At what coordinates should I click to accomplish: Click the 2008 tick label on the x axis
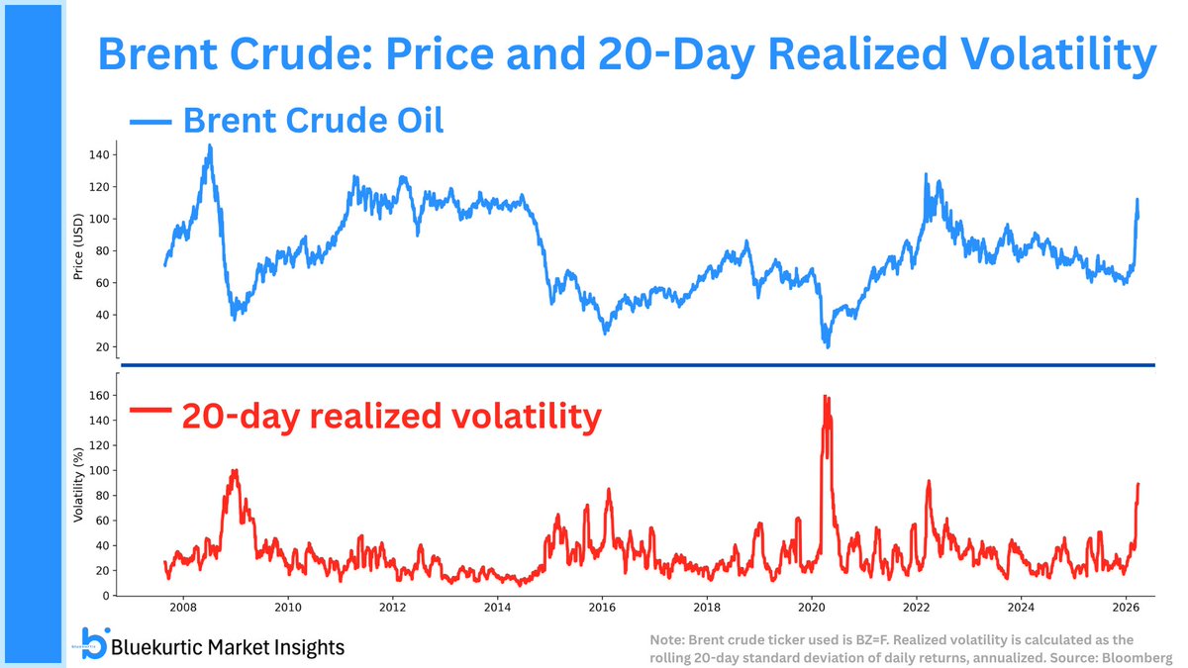[182, 607]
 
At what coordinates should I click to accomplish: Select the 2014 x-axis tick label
[497, 607]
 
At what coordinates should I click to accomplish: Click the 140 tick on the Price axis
[97, 155]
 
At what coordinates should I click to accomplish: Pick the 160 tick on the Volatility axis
[97, 394]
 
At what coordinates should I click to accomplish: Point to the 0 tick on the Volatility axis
[103, 596]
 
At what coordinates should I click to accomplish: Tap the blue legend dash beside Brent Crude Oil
[149, 123]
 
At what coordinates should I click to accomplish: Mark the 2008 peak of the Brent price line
[209, 146]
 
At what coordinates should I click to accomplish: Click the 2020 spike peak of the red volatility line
[825, 397]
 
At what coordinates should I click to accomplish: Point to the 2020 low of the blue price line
[827, 346]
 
